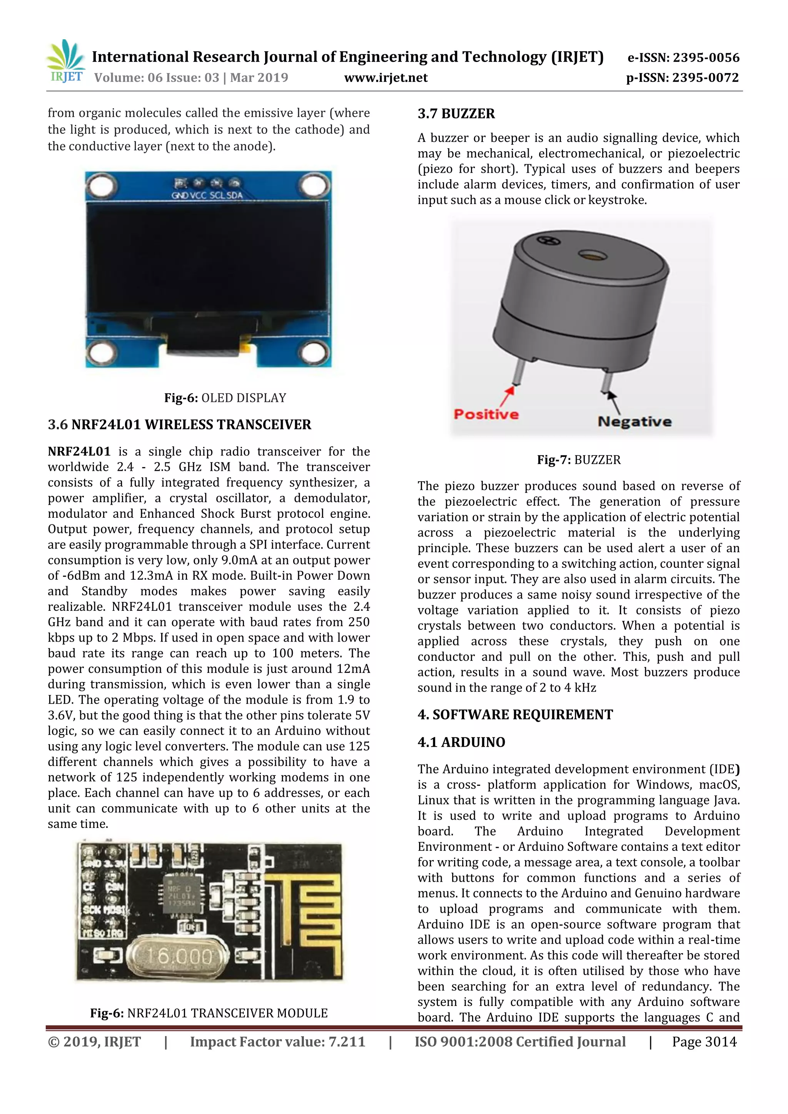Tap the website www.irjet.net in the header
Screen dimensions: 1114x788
pos(386,78)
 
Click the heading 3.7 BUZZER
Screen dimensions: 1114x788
pos(456,113)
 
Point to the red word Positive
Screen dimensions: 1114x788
pos(486,414)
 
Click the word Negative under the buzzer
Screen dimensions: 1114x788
pos(634,421)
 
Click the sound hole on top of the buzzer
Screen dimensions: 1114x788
pos(589,254)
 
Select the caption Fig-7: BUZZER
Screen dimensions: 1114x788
pos(578,459)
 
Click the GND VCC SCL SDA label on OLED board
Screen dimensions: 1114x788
pos(207,195)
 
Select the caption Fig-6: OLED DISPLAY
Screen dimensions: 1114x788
pos(225,398)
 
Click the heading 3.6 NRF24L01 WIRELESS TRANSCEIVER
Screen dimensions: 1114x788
pos(180,425)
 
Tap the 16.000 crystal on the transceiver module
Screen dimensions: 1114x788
pos(178,957)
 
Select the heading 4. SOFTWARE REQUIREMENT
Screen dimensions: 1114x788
pos(515,714)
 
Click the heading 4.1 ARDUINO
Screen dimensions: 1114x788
pos(461,742)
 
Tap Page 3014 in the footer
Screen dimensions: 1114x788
pos(704,1042)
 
